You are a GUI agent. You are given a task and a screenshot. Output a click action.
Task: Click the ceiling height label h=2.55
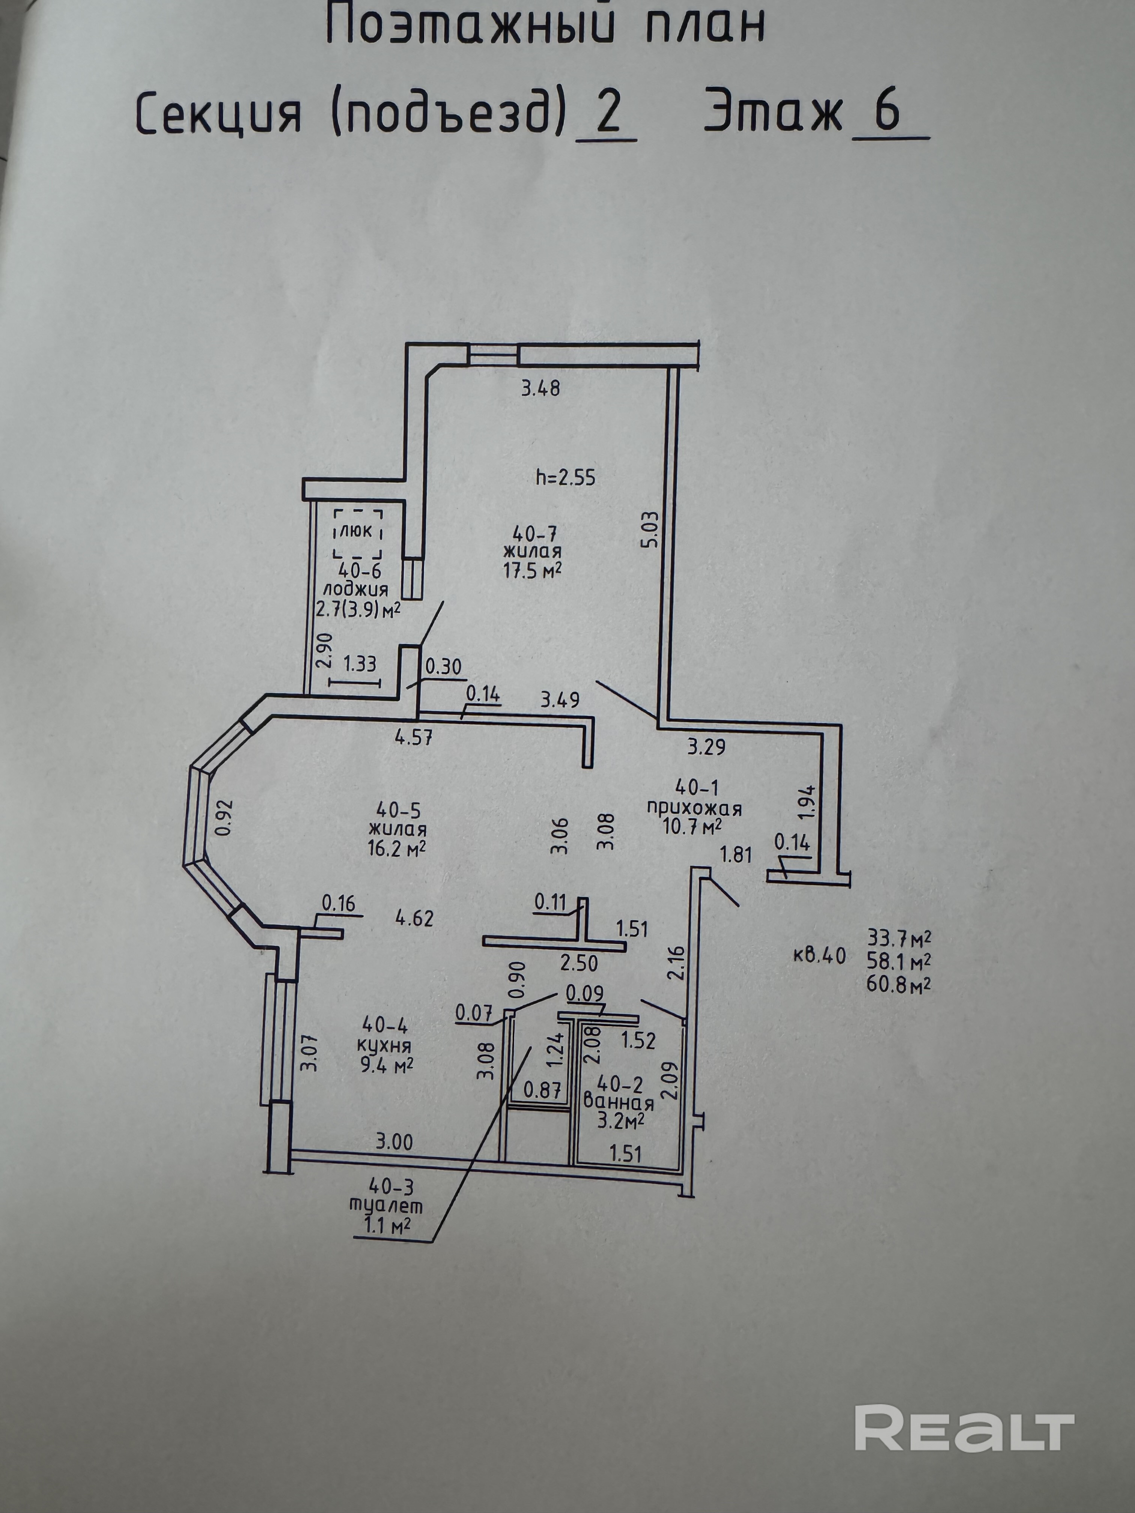pyautogui.click(x=566, y=476)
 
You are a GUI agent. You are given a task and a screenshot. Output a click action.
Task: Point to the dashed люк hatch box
pyautogui.click(x=357, y=534)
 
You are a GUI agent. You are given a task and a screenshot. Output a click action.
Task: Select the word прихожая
pyautogui.click(x=694, y=809)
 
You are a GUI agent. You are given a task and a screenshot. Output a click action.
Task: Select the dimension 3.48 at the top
pyautogui.click(x=540, y=388)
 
